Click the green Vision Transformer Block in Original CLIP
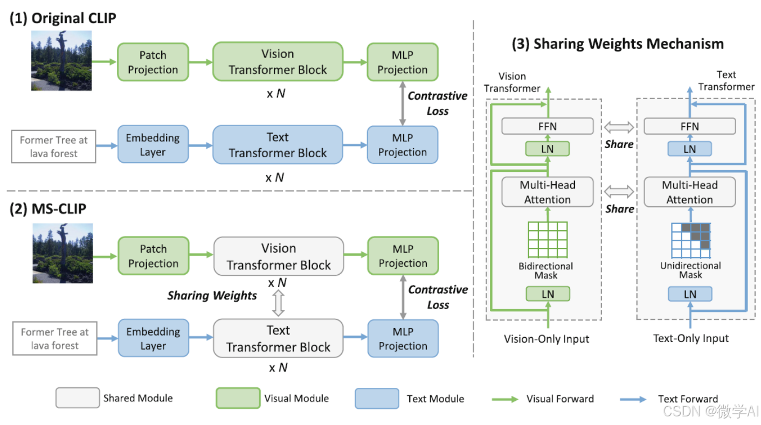click(x=278, y=62)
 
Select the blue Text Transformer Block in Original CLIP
click(x=278, y=145)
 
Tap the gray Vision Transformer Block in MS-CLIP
click(x=279, y=256)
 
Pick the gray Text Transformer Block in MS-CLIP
click(x=278, y=338)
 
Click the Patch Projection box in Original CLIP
click(x=153, y=62)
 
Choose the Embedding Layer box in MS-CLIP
click(x=153, y=338)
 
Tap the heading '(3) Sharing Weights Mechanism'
click(x=618, y=44)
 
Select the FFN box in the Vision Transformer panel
click(x=547, y=127)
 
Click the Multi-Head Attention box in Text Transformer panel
click(x=689, y=192)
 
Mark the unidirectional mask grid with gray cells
click(x=690, y=241)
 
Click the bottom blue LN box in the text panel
click(x=690, y=294)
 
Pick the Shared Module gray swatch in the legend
click(x=78, y=398)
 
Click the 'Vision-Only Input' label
click(x=546, y=339)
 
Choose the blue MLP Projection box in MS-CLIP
click(x=403, y=338)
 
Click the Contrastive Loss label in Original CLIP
click(x=437, y=103)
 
